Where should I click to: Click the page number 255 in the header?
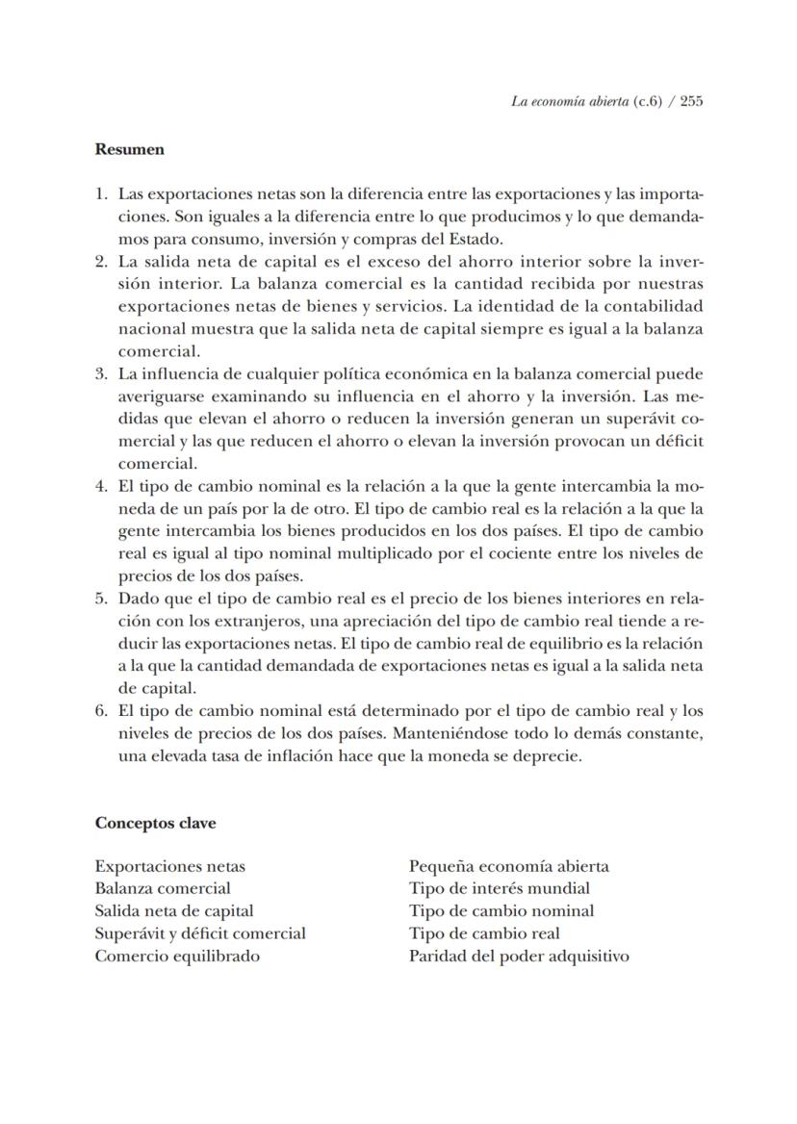[690, 101]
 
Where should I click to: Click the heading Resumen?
[129, 149]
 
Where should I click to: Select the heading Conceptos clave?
[155, 824]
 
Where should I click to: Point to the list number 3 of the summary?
[100, 373]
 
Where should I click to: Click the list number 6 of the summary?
[100, 711]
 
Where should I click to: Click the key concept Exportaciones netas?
[169, 866]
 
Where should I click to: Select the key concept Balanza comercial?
[162, 888]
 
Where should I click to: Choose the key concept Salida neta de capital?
[173, 910]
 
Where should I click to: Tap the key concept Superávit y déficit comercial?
[200, 933]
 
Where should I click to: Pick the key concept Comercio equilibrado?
[177, 956]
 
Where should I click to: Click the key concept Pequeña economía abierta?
[508, 866]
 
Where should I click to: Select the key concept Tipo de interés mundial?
[499, 888]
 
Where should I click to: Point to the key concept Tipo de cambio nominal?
[501, 910]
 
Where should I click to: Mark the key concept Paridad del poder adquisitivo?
[519, 956]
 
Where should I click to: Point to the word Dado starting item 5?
[138, 599]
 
